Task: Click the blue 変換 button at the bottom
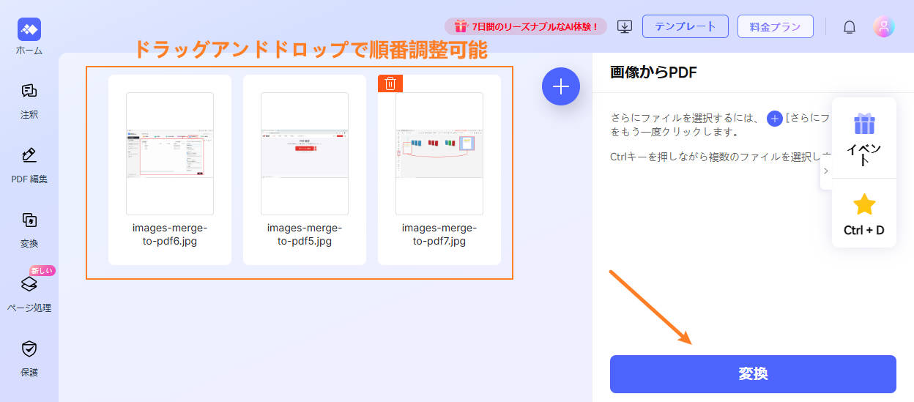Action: (x=753, y=374)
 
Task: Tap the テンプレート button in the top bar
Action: (x=685, y=26)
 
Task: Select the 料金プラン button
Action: (x=775, y=26)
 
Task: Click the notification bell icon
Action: (x=850, y=27)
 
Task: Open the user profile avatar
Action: (x=884, y=27)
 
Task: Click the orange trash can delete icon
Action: (x=390, y=83)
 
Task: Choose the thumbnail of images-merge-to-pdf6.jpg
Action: (x=170, y=153)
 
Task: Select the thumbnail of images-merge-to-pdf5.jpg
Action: (x=305, y=153)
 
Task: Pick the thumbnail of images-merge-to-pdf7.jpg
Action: (x=439, y=153)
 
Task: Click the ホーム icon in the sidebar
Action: (x=29, y=29)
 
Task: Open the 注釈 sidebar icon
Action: (x=29, y=92)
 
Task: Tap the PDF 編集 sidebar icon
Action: (x=29, y=155)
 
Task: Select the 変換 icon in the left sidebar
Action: (x=29, y=220)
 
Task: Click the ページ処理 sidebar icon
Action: (x=29, y=284)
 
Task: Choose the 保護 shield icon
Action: (x=29, y=349)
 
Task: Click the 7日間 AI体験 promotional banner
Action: (x=525, y=26)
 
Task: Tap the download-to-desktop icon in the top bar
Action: (x=625, y=27)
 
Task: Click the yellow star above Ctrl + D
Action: (x=864, y=204)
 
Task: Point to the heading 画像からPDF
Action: (x=653, y=72)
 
